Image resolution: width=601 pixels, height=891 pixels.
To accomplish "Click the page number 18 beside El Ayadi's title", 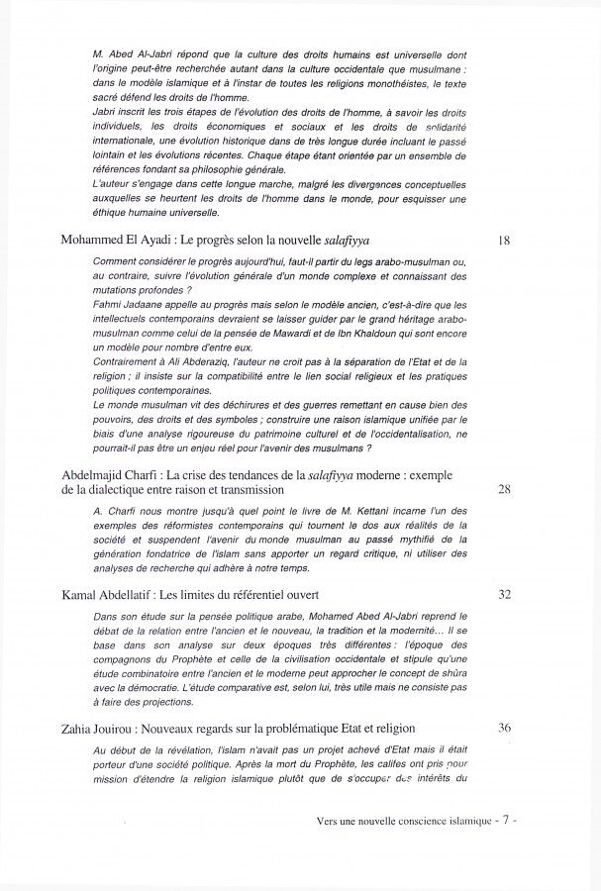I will pyautogui.click(x=504, y=241).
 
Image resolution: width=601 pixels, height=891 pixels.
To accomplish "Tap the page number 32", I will pyautogui.click(x=504, y=594).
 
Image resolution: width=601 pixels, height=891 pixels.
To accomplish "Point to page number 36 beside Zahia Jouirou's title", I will pyautogui.click(x=504, y=727).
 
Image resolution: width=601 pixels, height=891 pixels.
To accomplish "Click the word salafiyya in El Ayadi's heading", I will pyautogui.click(x=327, y=241).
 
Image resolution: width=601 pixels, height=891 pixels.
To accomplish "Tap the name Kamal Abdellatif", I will pyautogui.click(x=96, y=594).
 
